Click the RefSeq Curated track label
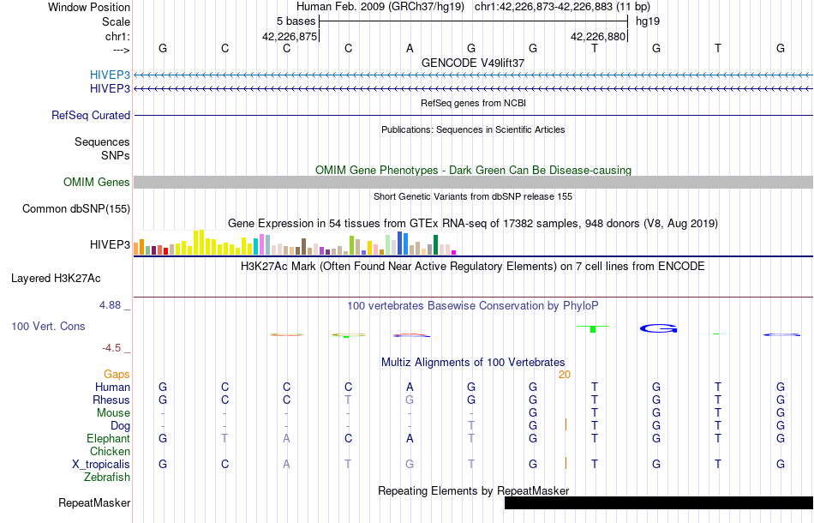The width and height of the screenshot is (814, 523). [91, 115]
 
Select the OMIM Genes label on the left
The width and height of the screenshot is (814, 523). [97, 182]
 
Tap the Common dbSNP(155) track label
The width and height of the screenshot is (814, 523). [76, 208]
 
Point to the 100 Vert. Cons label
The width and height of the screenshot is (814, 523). [48, 327]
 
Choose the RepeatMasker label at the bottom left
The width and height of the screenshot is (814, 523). [94, 502]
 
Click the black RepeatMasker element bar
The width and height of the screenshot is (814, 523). [658, 502]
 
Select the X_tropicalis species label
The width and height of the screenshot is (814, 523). [101, 464]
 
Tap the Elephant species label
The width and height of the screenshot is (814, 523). [109, 438]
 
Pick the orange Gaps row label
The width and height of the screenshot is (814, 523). [117, 374]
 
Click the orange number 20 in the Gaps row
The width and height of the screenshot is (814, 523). [564, 374]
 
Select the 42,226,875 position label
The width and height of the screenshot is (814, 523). [290, 36]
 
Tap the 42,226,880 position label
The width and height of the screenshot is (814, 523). [599, 36]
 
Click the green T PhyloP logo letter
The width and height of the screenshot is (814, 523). [593, 328]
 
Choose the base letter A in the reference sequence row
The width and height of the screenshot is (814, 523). [410, 48]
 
